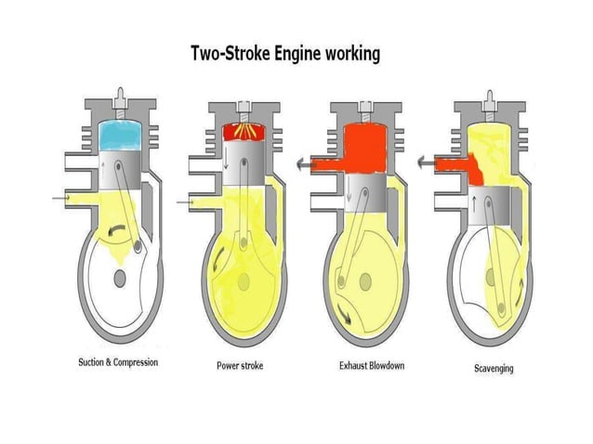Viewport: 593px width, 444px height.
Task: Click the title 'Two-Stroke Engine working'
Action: click(x=285, y=54)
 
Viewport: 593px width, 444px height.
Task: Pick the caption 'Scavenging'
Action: click(x=494, y=369)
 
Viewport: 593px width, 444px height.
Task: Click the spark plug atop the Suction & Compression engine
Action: click(x=119, y=97)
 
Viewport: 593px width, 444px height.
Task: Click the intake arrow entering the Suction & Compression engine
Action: click(x=61, y=198)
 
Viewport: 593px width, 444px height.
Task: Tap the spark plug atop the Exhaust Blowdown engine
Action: click(x=364, y=105)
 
